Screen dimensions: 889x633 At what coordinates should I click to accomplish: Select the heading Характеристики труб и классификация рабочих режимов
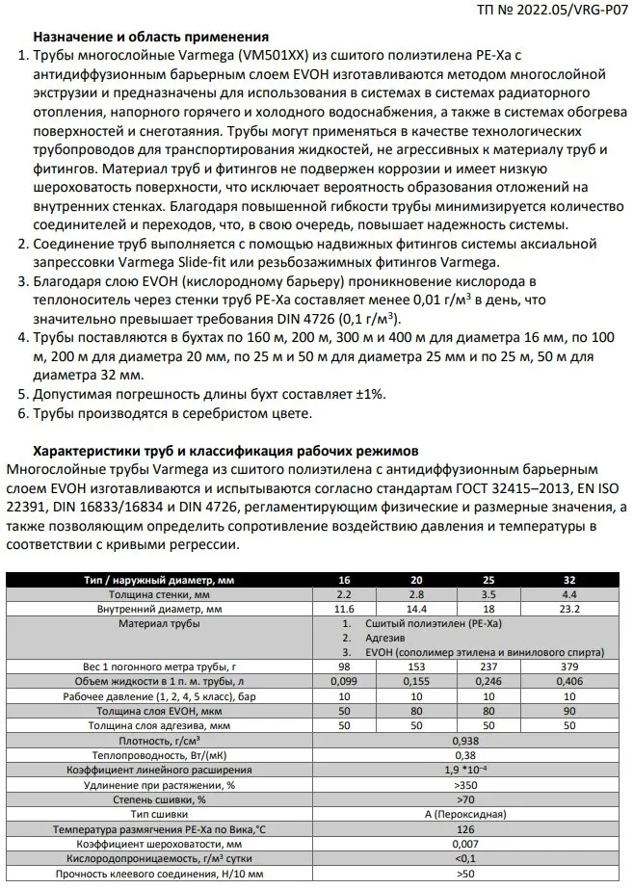pyautogui.click(x=225, y=450)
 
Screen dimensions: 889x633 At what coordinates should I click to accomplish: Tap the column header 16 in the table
pyautogui.click(x=344, y=580)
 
